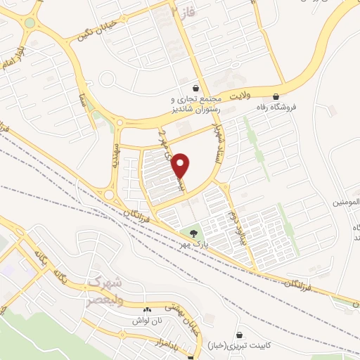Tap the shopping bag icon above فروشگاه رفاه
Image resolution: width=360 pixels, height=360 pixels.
coord(276,96)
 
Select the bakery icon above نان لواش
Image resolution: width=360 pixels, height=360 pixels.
coord(148,310)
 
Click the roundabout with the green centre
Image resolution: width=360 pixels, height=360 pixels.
coord(30,22)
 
